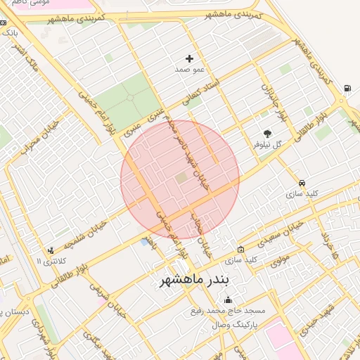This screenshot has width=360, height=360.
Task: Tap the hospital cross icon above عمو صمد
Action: tap(189, 59)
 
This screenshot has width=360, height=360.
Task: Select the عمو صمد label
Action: tap(189, 70)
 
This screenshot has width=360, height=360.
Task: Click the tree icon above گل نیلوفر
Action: tap(267, 133)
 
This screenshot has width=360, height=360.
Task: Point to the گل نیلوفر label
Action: tap(267, 144)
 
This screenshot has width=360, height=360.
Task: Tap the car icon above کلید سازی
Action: tap(302, 183)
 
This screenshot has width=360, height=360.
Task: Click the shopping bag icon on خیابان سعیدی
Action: tap(241, 250)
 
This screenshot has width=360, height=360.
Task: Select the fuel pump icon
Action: tap(347, 89)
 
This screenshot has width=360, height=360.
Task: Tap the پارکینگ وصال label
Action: tap(236, 326)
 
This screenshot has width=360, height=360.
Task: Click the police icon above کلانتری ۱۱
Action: tap(50, 250)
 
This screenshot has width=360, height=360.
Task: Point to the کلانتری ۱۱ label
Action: tap(49, 262)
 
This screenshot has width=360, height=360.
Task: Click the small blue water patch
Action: tap(145, 243)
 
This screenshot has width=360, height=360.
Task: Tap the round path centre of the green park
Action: tap(127, 100)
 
